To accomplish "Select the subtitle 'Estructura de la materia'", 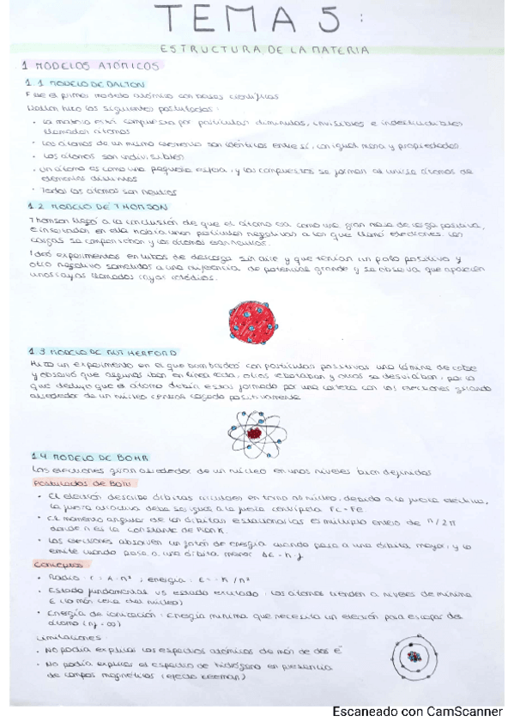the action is click(265, 51).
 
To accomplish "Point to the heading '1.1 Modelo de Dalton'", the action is click(76, 83).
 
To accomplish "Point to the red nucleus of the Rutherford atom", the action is click(255, 434).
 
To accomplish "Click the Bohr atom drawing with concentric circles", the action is click(415, 658).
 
